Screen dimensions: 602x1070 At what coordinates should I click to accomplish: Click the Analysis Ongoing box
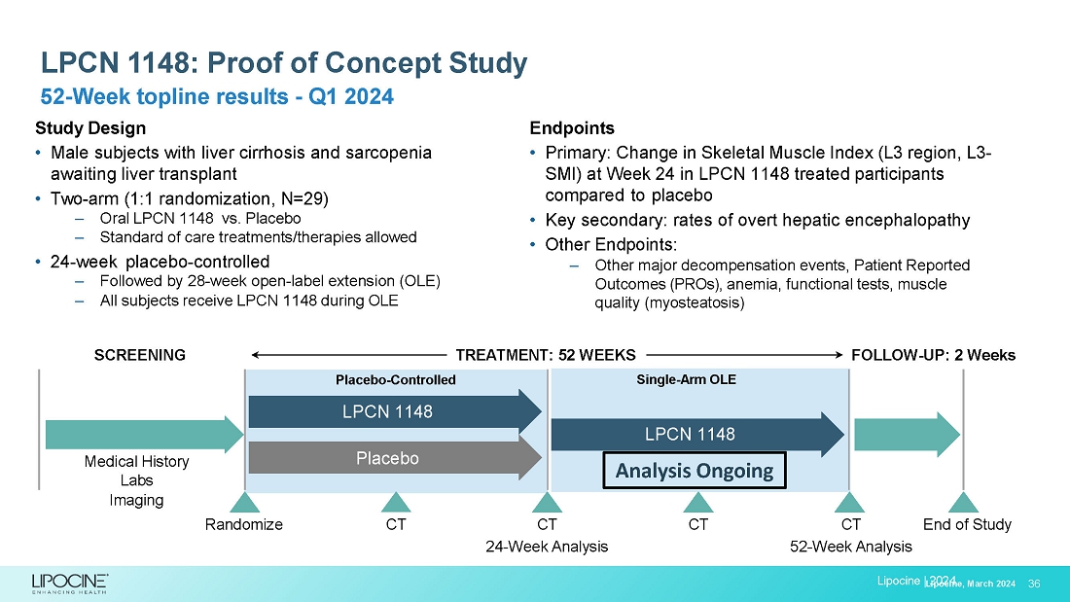tap(695, 472)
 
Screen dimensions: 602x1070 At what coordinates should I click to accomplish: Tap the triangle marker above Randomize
tap(243, 502)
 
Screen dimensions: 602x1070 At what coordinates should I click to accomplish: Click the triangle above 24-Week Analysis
tap(547, 502)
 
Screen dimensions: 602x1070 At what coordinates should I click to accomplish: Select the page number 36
tap(1034, 584)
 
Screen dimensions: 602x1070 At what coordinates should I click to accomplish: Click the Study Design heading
tap(90, 128)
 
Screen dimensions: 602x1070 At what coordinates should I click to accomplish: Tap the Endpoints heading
tap(572, 128)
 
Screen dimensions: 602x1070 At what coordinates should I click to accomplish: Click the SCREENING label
tap(139, 355)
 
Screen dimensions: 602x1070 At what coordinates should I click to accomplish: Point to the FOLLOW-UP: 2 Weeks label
tap(933, 355)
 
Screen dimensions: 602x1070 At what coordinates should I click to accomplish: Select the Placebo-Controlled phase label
tap(388, 380)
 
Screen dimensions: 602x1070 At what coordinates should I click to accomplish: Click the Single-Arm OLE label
tap(686, 379)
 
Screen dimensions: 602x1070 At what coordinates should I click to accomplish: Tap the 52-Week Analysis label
tap(851, 547)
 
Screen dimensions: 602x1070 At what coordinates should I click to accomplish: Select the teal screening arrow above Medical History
tap(142, 435)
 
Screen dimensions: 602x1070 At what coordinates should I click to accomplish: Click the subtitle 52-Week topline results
tap(216, 97)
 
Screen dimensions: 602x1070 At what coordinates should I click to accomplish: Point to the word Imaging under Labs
tap(136, 500)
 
